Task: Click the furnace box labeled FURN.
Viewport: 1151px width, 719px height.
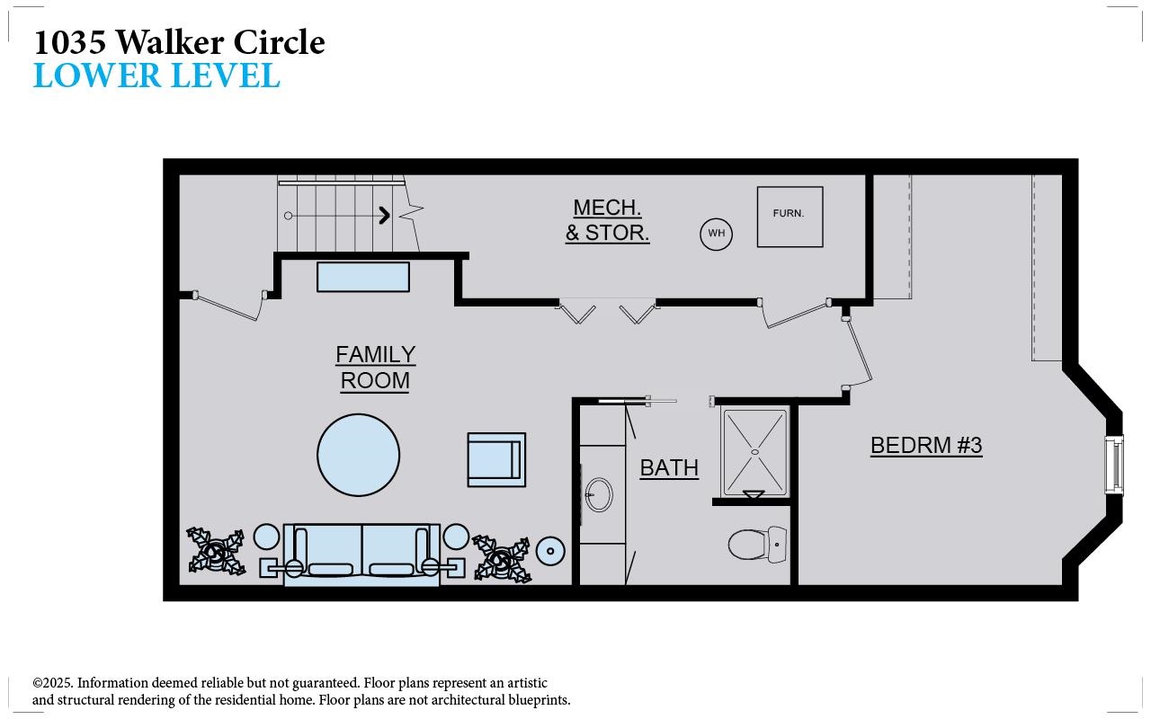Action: pos(790,217)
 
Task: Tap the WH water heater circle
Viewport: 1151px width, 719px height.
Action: pos(717,234)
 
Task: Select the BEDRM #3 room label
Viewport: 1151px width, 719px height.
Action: pos(926,445)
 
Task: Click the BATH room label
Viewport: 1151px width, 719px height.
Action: pos(669,468)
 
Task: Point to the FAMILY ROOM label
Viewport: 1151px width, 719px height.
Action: pos(376,368)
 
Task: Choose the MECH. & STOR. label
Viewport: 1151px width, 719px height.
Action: pos(607,220)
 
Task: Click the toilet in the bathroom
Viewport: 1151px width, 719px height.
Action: pos(757,544)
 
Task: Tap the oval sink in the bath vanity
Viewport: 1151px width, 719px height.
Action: pos(599,494)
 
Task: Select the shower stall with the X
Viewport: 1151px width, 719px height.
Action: pos(754,453)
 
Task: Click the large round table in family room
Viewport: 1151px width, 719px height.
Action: pos(358,455)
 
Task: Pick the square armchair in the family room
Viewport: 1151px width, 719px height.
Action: pos(496,459)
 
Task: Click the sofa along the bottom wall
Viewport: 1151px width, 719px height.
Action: pos(361,555)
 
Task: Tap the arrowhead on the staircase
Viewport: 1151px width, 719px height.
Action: pos(385,215)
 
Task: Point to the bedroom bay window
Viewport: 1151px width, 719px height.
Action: pos(1114,465)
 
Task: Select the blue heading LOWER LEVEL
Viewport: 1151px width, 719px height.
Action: pos(156,75)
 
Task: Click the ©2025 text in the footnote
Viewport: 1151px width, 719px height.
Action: pos(53,683)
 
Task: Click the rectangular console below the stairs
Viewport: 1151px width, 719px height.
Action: pos(363,278)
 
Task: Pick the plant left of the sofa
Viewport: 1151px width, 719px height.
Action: pos(216,551)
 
